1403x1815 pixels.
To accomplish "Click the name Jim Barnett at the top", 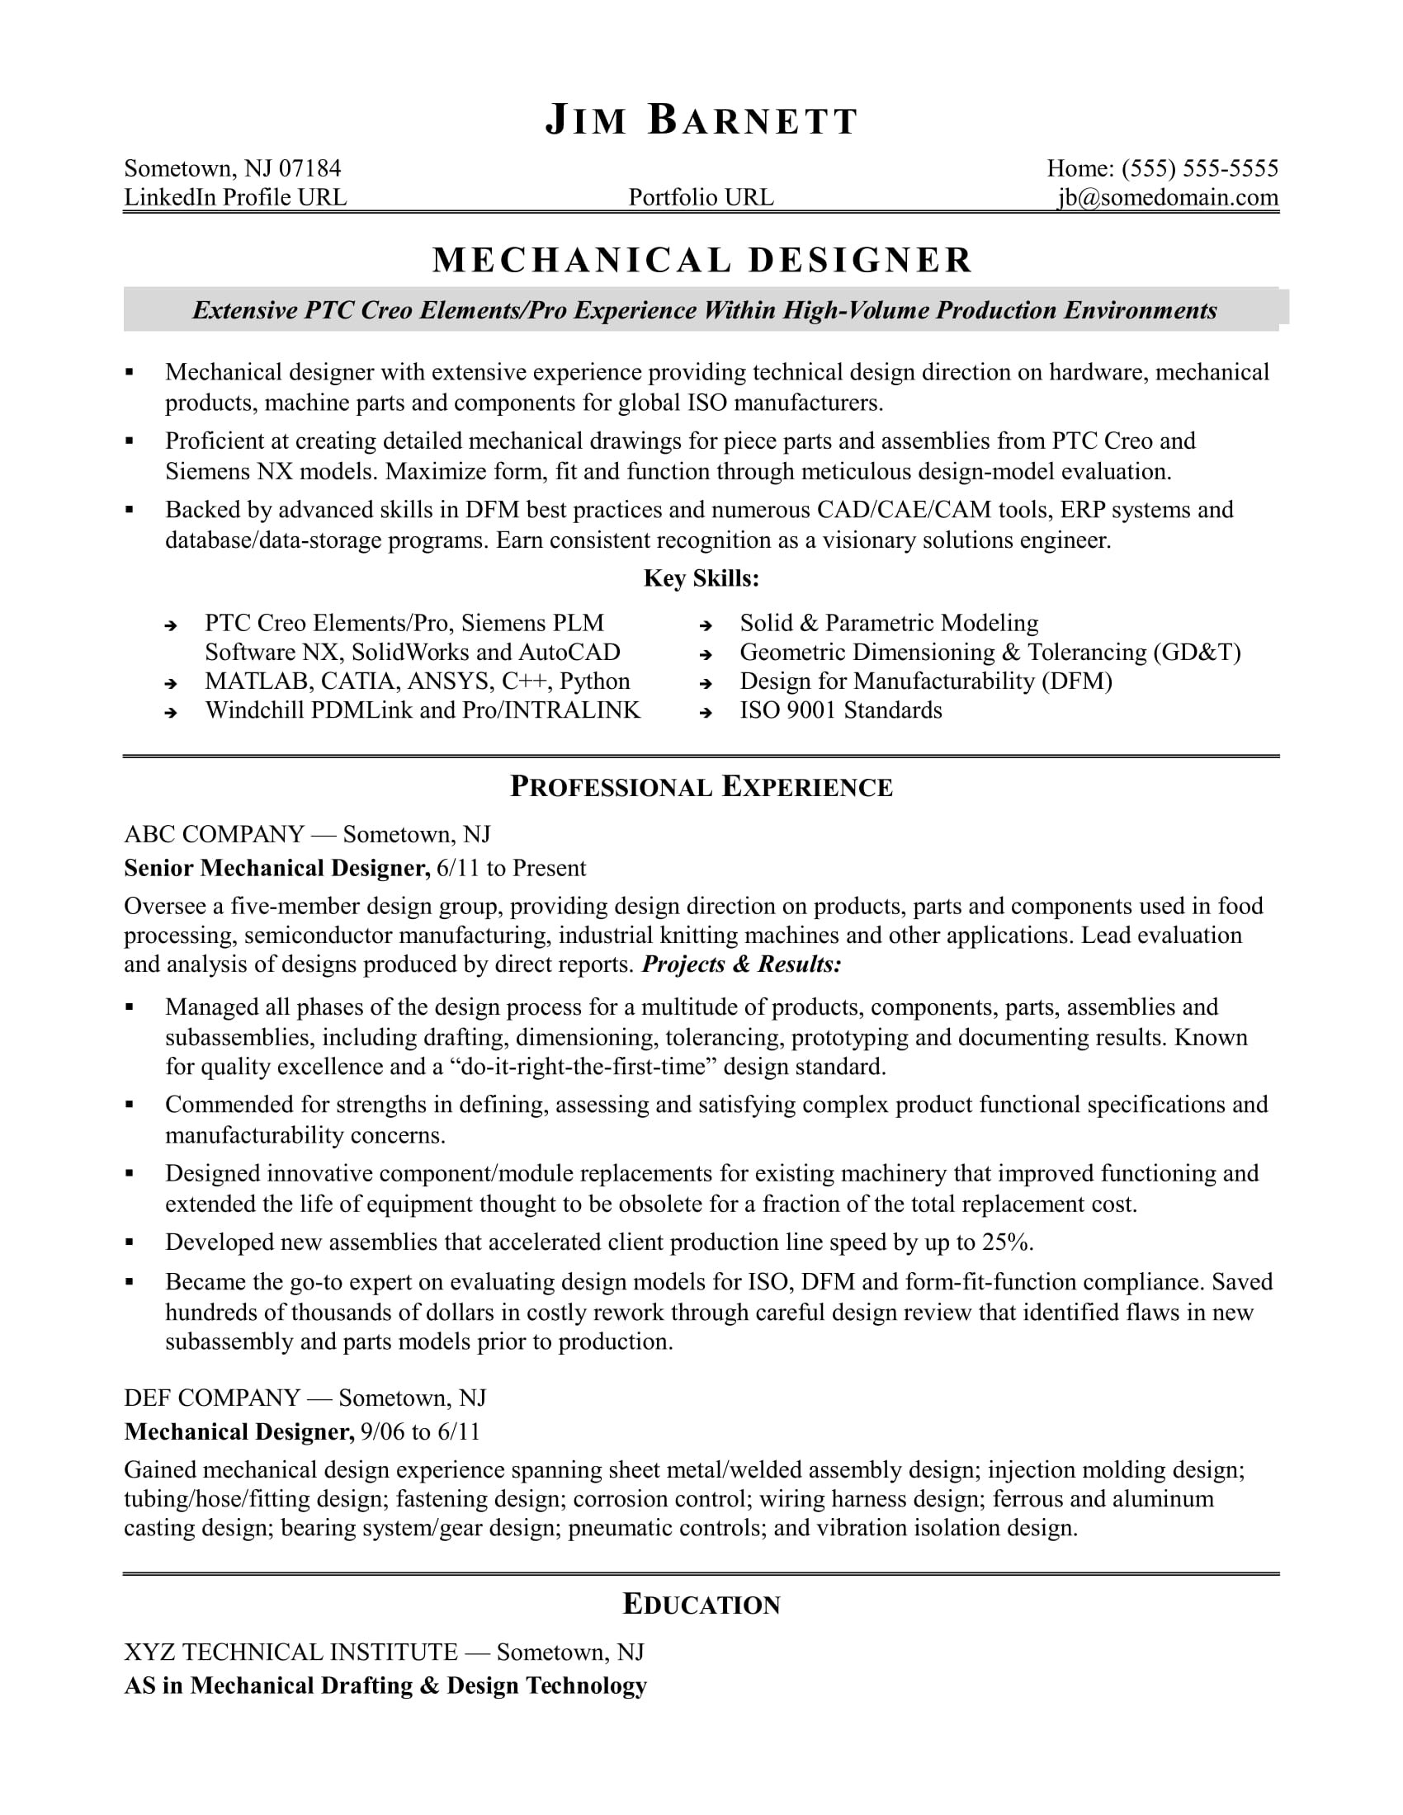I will pos(701,121).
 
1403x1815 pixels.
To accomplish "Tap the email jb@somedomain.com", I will pos(1167,198).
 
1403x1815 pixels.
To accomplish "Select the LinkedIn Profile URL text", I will pos(235,198).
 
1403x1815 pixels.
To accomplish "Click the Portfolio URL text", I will pos(701,198).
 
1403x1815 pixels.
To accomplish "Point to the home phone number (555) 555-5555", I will pos(1199,168).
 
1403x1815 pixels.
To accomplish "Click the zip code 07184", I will pos(309,168).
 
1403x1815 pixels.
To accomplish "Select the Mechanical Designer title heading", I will pos(702,260).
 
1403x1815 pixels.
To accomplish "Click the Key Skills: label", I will pos(701,578).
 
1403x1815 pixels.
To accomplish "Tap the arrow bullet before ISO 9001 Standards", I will pos(706,712).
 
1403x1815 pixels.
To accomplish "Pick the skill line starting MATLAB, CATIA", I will pos(418,681).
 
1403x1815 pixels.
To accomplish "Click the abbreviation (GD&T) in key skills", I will pos(1197,653).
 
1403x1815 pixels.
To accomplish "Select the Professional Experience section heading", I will pos(701,787).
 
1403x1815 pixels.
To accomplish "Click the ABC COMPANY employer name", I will pos(215,834).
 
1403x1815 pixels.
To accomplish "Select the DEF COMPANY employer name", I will pos(212,1398).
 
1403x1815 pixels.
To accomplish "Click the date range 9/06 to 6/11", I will pos(421,1432).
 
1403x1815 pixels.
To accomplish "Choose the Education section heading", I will pos(701,1605).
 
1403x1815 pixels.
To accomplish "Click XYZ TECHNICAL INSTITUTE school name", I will pos(291,1652).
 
